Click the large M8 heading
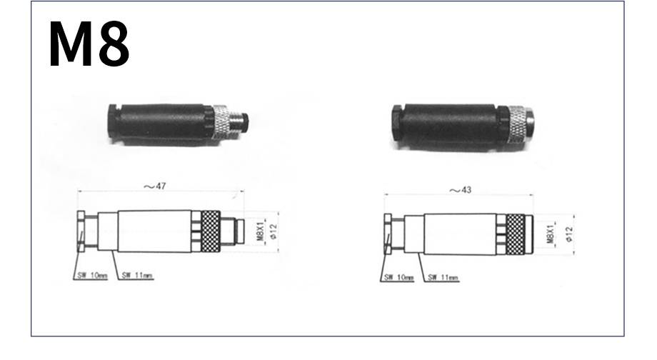89,44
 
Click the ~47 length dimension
155,186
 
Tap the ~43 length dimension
460,190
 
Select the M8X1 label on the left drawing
261,231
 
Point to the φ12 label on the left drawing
274,231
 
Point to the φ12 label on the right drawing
568,234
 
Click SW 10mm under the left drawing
92,276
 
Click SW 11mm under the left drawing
137,276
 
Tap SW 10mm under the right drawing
399,277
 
